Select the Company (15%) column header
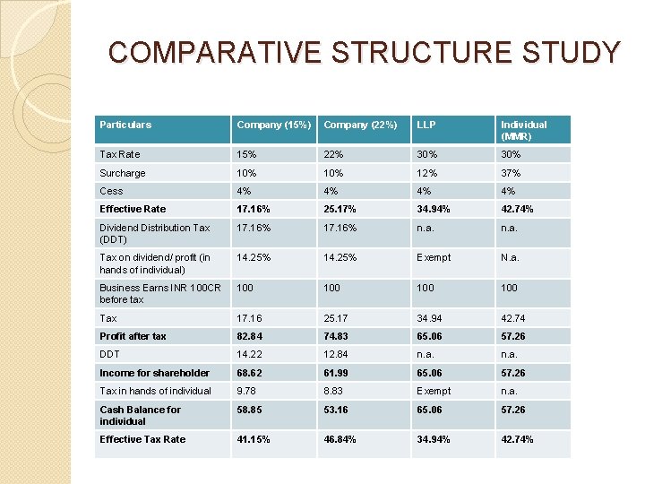[271, 125]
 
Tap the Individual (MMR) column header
[524, 130]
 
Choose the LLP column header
[426, 125]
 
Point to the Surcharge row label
[123, 173]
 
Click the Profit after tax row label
[133, 336]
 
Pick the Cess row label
[111, 191]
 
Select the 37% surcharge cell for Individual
[512, 173]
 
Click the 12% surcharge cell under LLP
[426, 173]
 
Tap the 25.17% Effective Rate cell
[340, 209]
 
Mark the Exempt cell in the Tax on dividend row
[433, 257]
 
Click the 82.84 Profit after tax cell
[250, 336]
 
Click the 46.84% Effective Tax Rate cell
[340, 439]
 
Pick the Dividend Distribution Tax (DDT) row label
[154, 233]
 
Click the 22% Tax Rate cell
[334, 154]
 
